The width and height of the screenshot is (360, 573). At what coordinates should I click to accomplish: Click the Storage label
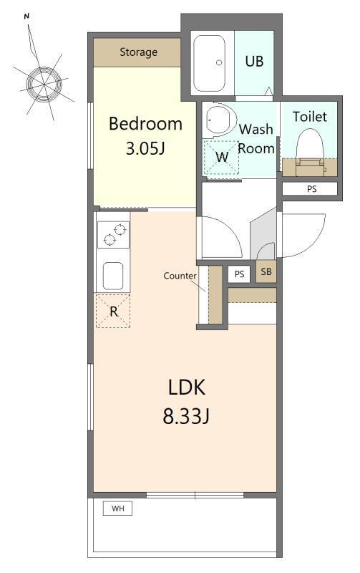tap(138, 52)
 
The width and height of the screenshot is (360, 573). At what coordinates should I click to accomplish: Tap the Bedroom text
tap(145, 124)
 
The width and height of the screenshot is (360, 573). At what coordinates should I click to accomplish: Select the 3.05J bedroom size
tap(145, 148)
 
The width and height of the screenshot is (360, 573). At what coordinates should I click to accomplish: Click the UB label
tap(254, 62)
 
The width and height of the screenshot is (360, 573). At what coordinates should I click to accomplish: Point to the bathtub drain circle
tap(219, 62)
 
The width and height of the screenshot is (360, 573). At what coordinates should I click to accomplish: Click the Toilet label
tap(310, 117)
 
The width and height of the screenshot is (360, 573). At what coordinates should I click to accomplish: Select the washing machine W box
tap(221, 157)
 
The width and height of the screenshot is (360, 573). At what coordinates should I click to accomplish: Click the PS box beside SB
tap(239, 274)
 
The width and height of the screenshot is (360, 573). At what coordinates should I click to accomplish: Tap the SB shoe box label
tap(266, 272)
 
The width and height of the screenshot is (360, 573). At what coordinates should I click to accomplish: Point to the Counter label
tap(180, 276)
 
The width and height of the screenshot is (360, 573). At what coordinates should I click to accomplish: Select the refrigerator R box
tap(113, 311)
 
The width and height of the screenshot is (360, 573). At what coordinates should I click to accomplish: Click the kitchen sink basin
tap(113, 276)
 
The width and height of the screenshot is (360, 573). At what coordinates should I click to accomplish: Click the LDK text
tap(187, 387)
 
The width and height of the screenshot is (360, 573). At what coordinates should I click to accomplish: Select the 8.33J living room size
tap(186, 416)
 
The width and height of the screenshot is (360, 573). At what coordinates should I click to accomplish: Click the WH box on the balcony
tap(117, 509)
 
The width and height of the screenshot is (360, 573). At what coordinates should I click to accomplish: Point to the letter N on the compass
tap(26, 16)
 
